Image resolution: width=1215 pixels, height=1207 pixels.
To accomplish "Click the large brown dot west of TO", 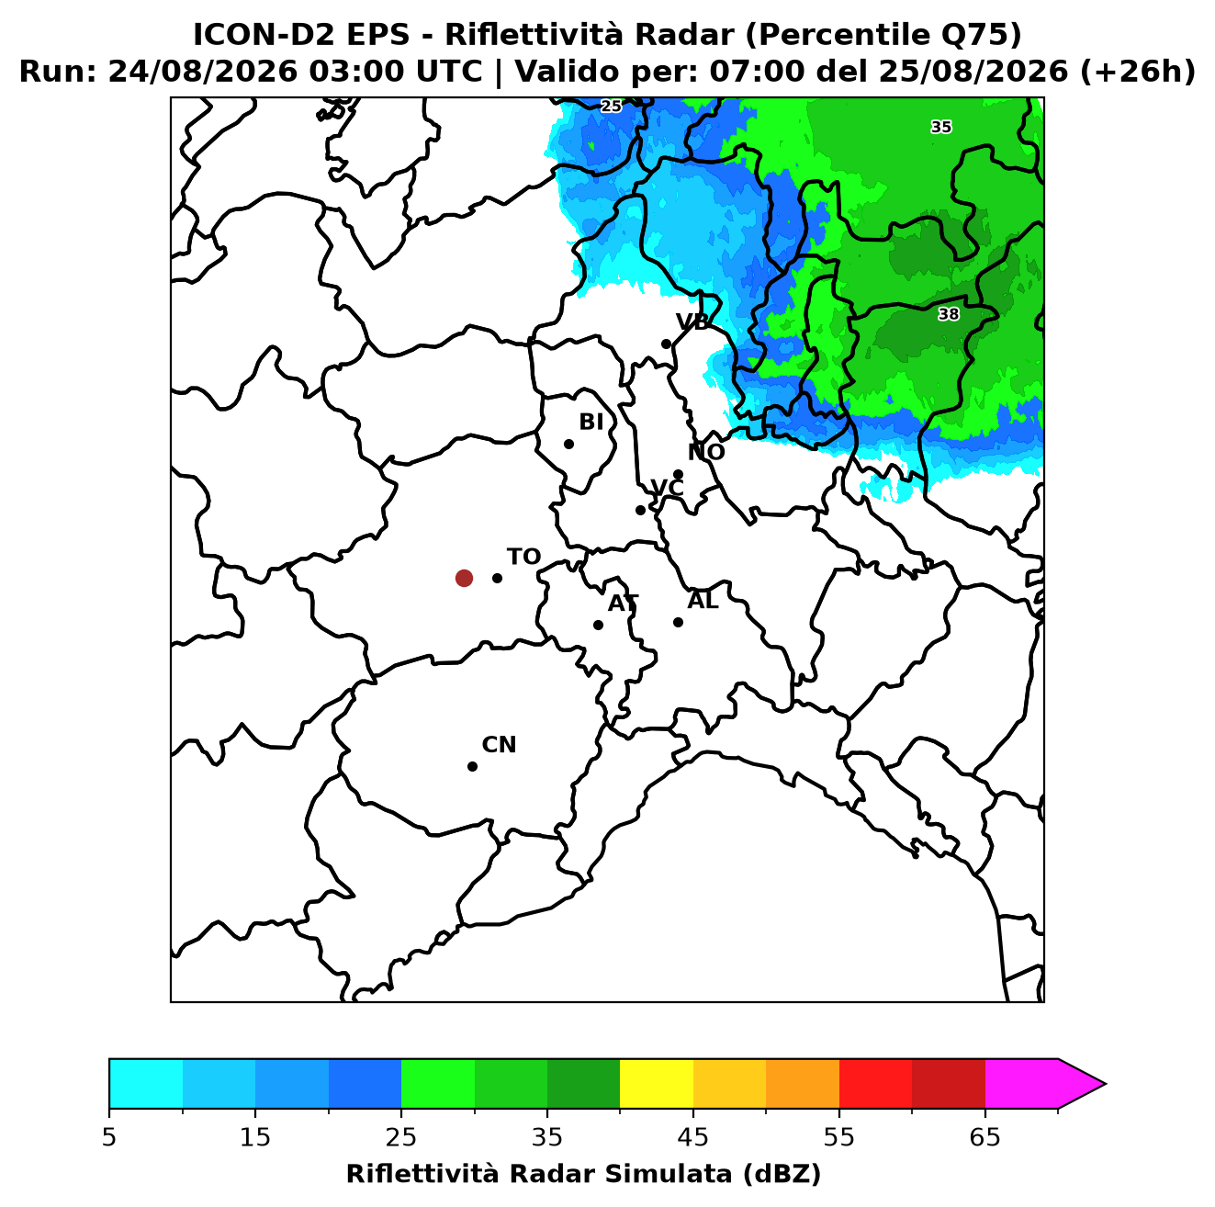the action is pyautogui.click(x=464, y=577).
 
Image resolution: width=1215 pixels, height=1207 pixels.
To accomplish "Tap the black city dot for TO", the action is pyautogui.click(x=497, y=578).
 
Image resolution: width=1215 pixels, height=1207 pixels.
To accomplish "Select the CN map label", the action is pyautogui.click(x=499, y=745).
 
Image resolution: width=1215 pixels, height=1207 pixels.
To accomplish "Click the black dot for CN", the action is pyautogui.click(x=472, y=766).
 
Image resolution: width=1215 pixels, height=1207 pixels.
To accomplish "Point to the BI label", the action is pyautogui.click(x=591, y=423).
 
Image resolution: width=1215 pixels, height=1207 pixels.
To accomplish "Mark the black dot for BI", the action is pyautogui.click(x=568, y=445).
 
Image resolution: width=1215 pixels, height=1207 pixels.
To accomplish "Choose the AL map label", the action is pyautogui.click(x=703, y=600).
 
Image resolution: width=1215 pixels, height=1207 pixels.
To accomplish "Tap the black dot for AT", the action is pyautogui.click(x=598, y=625).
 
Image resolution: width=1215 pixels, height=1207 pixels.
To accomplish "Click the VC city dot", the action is pyautogui.click(x=640, y=510).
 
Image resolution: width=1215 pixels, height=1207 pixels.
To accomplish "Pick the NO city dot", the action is pyautogui.click(x=678, y=474).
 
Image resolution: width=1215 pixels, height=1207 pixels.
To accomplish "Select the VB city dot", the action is pyautogui.click(x=666, y=344).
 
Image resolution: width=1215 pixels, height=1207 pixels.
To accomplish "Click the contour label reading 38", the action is pyautogui.click(x=949, y=313).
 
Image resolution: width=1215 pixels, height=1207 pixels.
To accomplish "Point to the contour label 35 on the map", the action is pyautogui.click(x=940, y=127).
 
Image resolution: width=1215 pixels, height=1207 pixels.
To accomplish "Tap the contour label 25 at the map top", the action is pyautogui.click(x=611, y=106).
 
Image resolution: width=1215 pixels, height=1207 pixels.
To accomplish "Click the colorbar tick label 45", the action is pyautogui.click(x=693, y=1137).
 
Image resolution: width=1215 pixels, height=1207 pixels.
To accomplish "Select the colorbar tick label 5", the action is pyautogui.click(x=109, y=1137).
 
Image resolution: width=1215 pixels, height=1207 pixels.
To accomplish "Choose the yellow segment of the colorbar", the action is pyautogui.click(x=657, y=1083).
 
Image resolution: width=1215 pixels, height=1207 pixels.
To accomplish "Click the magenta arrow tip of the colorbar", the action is pyautogui.click(x=1105, y=1084).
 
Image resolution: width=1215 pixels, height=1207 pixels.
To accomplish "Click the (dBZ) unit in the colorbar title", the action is pyautogui.click(x=782, y=1174).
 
